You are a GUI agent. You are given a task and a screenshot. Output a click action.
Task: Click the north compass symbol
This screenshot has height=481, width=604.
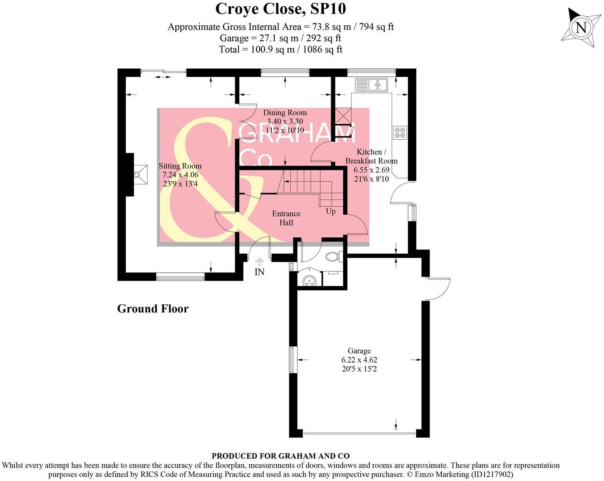click(580, 28)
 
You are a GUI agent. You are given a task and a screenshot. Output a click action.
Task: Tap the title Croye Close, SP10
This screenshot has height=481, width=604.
click(280, 9)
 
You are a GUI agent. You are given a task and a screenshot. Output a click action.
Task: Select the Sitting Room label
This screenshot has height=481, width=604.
click(180, 166)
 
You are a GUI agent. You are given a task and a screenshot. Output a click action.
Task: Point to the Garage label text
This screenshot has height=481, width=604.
click(359, 351)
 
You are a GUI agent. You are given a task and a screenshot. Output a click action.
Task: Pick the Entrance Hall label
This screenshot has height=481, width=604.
click(286, 218)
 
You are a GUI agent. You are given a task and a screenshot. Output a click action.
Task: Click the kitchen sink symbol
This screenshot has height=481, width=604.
click(371, 85)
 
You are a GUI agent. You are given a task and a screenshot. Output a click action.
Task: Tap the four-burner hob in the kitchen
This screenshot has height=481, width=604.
click(400, 132)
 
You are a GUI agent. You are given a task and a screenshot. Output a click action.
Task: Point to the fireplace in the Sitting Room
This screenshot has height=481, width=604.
click(140, 174)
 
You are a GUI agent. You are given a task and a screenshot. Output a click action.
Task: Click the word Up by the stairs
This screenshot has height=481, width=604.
click(331, 211)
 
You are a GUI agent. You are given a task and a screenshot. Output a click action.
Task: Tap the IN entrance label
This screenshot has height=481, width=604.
click(260, 272)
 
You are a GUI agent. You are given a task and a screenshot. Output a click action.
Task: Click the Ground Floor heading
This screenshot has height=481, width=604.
click(153, 309)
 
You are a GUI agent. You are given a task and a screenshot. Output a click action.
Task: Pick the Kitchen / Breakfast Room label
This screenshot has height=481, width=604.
click(371, 156)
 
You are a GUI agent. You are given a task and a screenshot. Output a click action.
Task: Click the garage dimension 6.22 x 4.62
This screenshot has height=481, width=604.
click(359, 360)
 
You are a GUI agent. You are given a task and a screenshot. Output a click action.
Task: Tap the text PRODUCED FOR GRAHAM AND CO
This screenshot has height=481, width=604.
click(280, 456)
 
